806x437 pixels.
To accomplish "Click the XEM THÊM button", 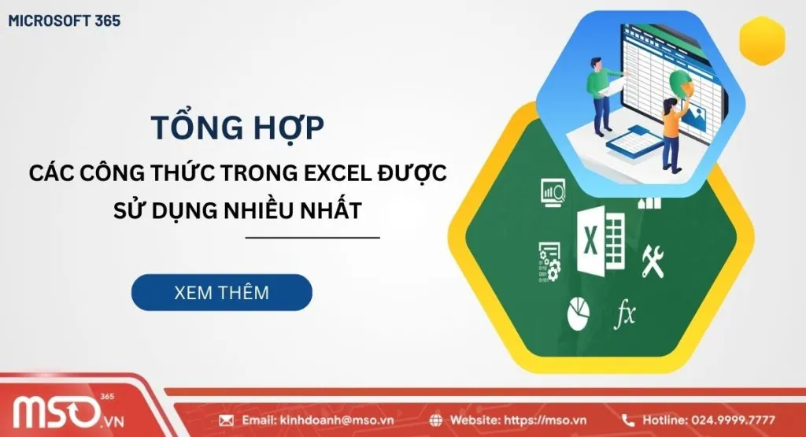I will pyautogui.click(x=221, y=292).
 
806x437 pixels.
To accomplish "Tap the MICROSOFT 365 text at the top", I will pyautogui.click(x=64, y=21).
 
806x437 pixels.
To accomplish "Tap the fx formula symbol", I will pyautogui.click(x=625, y=313).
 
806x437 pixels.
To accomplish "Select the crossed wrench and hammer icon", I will pyautogui.click(x=653, y=259).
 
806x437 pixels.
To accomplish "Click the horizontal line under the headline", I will pyautogui.click(x=312, y=237).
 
